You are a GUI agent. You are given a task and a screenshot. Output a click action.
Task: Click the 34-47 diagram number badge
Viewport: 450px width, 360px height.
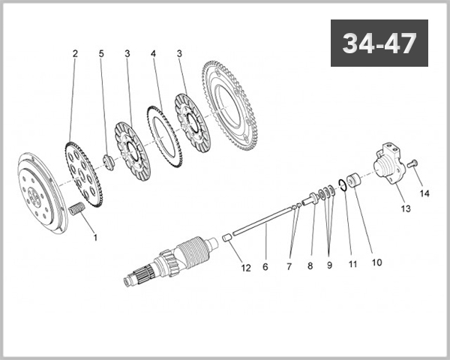[379, 43]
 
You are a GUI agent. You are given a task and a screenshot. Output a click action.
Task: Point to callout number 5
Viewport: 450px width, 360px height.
[102, 54]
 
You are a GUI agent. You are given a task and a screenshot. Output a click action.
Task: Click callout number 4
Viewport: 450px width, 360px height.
[153, 54]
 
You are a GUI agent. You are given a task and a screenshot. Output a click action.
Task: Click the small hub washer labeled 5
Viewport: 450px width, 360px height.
[108, 160]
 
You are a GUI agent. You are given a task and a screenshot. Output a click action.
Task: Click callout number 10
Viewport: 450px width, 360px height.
[376, 262]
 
